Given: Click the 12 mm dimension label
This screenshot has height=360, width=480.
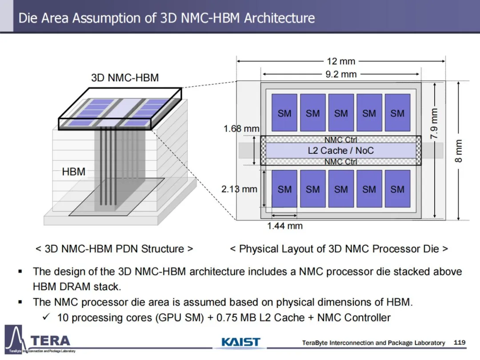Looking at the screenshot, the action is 341,61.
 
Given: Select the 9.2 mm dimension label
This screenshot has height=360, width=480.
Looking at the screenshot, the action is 341,74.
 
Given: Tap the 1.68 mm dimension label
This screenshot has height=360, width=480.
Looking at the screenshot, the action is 241,128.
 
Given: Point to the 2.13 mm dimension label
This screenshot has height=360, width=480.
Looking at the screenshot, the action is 239,189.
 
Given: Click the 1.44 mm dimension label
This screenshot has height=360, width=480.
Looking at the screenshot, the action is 285,226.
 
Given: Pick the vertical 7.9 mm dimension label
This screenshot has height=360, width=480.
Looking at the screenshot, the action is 434,124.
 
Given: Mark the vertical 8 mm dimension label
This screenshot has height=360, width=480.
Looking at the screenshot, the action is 458,151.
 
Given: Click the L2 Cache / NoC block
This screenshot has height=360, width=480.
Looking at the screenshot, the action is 341,151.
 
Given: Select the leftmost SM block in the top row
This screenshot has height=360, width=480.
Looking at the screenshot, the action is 284,112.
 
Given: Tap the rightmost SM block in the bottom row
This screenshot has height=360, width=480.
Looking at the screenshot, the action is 397,189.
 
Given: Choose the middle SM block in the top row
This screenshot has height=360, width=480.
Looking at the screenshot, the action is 341,112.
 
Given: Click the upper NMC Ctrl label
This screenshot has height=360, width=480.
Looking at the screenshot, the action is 341,140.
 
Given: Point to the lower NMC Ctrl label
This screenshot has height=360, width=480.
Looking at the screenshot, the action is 341,162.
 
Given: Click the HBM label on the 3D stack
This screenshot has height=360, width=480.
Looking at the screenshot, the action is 73,172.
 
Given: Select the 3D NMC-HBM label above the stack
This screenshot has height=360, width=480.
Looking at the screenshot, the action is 125,78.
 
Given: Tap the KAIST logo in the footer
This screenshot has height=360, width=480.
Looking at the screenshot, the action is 240,342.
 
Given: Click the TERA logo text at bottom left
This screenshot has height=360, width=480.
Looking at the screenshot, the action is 50,341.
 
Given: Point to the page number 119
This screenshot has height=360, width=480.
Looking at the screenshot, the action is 460,343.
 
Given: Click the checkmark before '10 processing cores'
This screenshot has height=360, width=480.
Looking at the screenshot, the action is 46,316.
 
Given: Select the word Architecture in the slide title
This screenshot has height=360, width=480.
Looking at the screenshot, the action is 280,18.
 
